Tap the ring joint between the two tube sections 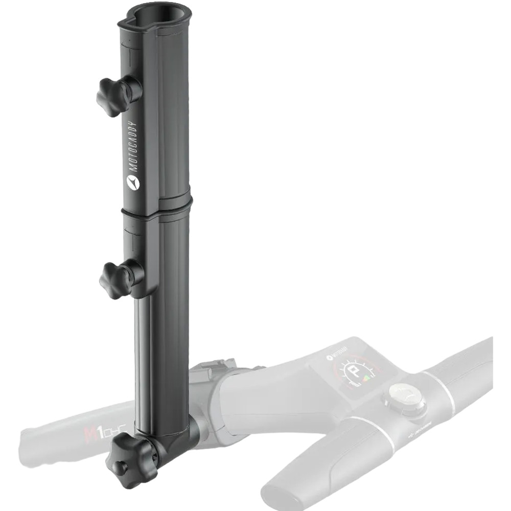point(156,207)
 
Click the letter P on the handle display point(353,374)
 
